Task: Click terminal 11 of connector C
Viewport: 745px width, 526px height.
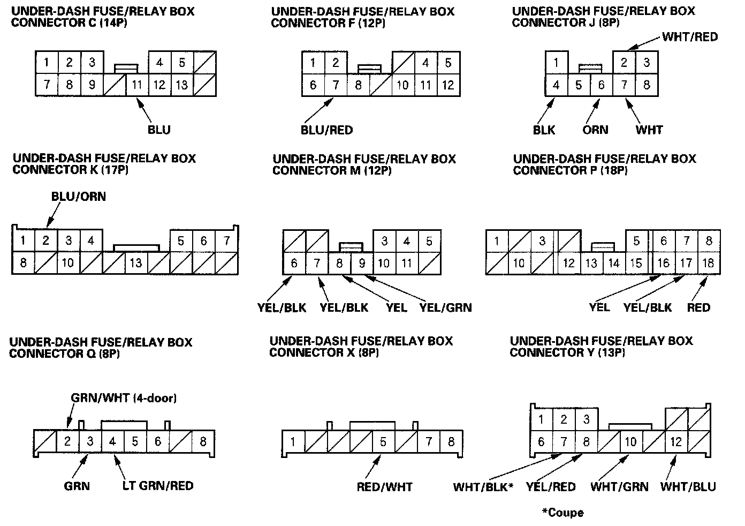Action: coord(137,85)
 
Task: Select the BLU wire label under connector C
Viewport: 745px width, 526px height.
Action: coord(159,130)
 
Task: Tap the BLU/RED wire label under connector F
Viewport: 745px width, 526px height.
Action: coord(326,130)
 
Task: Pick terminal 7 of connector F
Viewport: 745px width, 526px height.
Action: coord(336,85)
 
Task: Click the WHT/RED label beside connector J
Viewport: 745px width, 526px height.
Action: coord(690,36)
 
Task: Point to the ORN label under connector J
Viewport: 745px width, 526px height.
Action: coord(595,130)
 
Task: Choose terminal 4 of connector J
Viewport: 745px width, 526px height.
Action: coord(557,85)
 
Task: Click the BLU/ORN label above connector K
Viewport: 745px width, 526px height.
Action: coord(79,197)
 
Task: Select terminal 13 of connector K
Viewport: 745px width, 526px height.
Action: coord(136,263)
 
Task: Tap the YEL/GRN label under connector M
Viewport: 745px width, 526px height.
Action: coord(446,307)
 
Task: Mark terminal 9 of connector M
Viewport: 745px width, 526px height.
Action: coord(362,263)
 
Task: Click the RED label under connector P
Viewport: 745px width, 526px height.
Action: coord(698,307)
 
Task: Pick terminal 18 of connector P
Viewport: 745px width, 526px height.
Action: coord(709,263)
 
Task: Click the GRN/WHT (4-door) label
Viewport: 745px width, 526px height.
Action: coord(124,397)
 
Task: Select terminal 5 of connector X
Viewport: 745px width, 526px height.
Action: coord(383,442)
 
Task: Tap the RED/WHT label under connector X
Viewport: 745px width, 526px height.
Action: coord(385,487)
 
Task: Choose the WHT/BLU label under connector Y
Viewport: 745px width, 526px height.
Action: coord(688,486)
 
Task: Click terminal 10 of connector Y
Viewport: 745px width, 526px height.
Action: coord(631,442)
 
